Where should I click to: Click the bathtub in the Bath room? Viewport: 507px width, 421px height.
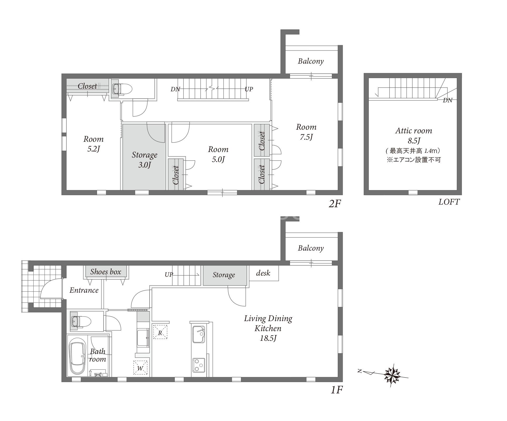click(x=77, y=356)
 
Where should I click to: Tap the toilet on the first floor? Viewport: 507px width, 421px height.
click(x=81, y=321)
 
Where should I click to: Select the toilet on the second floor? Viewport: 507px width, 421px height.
click(x=122, y=89)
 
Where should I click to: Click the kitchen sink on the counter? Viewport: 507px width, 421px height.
click(x=199, y=334)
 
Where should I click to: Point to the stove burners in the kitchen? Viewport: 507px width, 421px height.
click(x=199, y=365)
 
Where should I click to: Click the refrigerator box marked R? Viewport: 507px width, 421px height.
click(x=160, y=332)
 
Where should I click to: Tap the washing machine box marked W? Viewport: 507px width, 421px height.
click(x=140, y=368)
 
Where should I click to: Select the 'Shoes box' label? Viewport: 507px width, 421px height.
click(x=106, y=272)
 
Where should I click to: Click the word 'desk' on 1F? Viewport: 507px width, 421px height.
click(x=263, y=273)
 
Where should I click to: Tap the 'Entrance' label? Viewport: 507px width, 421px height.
click(x=84, y=290)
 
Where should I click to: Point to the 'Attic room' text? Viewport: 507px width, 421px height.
click(x=414, y=131)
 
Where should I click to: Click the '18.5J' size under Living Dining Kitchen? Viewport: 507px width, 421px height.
click(x=268, y=338)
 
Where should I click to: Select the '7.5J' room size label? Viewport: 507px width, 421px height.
click(x=306, y=137)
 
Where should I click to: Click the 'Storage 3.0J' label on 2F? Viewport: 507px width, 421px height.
click(x=145, y=160)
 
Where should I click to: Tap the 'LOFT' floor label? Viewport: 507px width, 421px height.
click(x=449, y=202)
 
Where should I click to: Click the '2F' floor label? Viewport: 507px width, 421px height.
click(x=335, y=204)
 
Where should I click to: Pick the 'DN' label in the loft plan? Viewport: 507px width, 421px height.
click(x=448, y=100)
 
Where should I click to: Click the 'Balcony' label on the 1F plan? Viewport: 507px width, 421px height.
click(x=311, y=248)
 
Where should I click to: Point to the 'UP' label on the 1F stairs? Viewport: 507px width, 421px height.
click(x=169, y=275)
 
